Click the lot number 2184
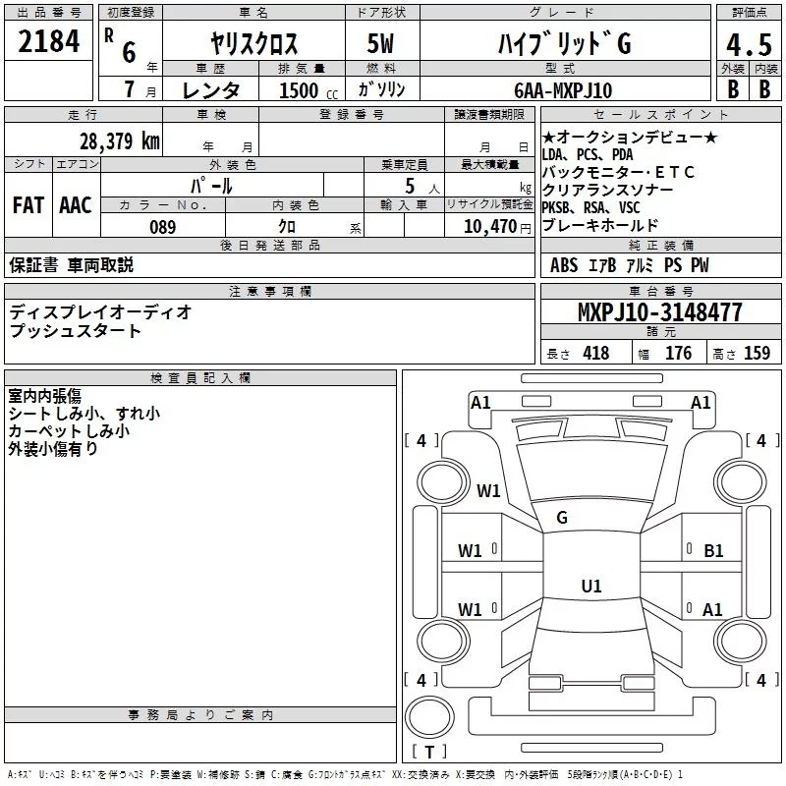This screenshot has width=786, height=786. pos(50,43)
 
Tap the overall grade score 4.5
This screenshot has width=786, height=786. pos(748,45)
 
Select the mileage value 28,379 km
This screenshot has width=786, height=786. pos(119,140)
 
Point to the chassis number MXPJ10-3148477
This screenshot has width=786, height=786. pos(659,312)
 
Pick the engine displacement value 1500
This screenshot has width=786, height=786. pos(299,90)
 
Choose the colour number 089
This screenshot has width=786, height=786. pos(162,227)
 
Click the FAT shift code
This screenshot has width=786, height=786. pos(28,205)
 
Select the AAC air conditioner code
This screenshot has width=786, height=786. pos(76,205)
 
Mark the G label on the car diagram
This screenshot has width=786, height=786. pos(562,518)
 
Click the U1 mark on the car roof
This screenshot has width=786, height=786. pos(590,586)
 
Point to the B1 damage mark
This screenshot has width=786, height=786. pos(713,551)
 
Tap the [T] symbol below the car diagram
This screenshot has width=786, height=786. pos(428,753)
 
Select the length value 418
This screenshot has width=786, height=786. pos(596,354)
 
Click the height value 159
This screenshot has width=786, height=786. pos(757,354)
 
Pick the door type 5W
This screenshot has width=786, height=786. pos(382,45)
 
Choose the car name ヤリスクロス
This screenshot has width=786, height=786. pos(254,45)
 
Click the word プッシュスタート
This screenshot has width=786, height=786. pos(76,331)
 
